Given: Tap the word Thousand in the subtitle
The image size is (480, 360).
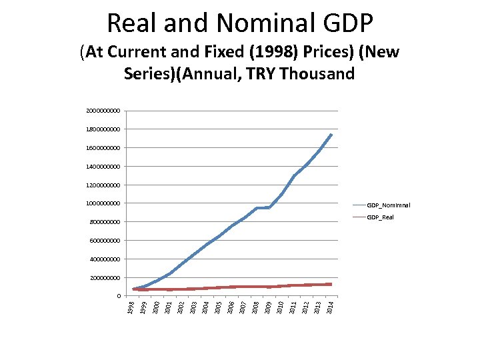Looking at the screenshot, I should [x=318, y=73].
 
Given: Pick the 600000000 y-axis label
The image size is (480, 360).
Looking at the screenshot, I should [x=105, y=240].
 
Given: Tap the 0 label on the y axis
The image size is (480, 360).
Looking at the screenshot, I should [x=119, y=296].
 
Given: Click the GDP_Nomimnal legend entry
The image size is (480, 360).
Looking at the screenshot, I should [x=389, y=205].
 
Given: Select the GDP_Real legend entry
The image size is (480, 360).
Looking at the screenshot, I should [x=380, y=217].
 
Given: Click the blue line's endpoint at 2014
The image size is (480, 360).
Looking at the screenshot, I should [x=331, y=135].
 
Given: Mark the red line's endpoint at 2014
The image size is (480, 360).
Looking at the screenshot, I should [x=331, y=284].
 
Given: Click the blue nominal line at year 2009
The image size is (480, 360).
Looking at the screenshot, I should [x=268, y=207].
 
